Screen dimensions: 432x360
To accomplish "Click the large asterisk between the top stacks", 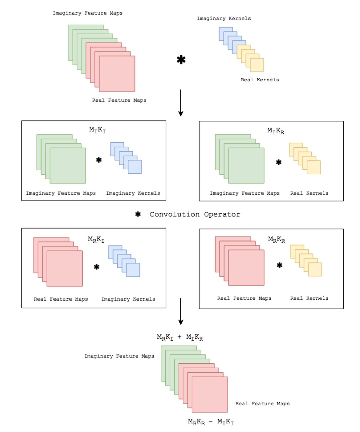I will pos(181,60).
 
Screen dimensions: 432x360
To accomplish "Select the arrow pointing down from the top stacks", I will pos(181,103).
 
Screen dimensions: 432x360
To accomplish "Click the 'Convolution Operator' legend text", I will pos(195,214).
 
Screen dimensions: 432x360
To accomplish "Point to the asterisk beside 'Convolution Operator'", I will pos(138,214).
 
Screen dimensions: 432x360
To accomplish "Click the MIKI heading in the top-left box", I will pos(97,130).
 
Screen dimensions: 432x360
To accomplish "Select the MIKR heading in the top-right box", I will pos(276,131).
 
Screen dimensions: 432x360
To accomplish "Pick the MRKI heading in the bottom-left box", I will pos(96,239).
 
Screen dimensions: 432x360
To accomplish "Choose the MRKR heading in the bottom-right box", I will pos(276,239).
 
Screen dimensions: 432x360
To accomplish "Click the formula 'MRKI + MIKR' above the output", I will pos(180,337).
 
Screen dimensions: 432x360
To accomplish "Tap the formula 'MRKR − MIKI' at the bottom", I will pos(211,422).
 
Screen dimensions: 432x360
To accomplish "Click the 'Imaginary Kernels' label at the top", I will pos(224,19).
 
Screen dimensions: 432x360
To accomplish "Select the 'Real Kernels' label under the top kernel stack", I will pos(260,80).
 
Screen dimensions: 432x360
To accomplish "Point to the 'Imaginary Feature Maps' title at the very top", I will pos(88,13).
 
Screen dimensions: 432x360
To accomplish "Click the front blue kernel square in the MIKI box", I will pos(135,167).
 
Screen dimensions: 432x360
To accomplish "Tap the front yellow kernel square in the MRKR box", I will pos(315,269).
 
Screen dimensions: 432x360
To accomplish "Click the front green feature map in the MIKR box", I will pos(246,166).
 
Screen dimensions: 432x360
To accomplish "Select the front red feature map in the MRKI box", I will pos(65,268).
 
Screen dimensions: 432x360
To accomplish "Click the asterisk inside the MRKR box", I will pos(280,265).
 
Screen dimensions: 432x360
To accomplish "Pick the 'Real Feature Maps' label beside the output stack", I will pos(262,403).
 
